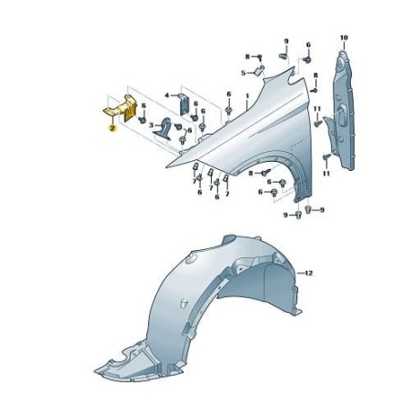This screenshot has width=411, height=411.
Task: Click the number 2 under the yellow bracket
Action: (x=111, y=130)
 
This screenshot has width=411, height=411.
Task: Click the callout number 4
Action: (x=167, y=95)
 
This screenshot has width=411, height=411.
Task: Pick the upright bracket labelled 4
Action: (x=184, y=102)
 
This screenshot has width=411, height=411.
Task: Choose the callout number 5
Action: (x=244, y=73)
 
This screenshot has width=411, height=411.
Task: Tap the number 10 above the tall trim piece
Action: (x=344, y=37)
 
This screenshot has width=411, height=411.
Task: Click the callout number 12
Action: (x=308, y=274)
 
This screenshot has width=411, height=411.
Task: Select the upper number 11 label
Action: (x=316, y=109)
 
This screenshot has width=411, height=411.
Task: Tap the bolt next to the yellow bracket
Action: (x=143, y=107)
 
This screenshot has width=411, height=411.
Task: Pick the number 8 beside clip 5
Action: (x=246, y=57)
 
